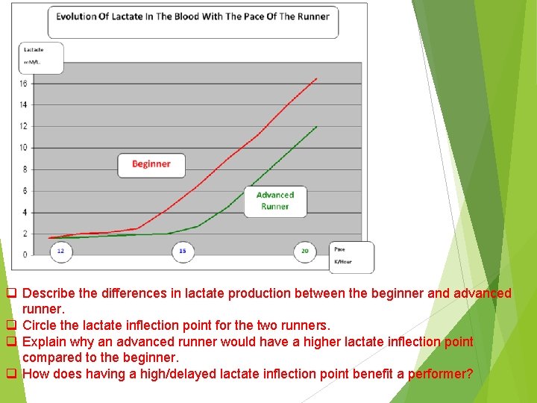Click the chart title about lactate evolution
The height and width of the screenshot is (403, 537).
click(x=192, y=17)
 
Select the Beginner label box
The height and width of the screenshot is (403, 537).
click(x=151, y=164)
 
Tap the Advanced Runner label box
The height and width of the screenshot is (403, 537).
click(x=275, y=201)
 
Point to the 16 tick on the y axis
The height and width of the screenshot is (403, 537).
click(x=23, y=84)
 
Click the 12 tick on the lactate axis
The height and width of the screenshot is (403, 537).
click(x=23, y=126)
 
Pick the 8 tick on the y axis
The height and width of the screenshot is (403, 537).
click(x=24, y=169)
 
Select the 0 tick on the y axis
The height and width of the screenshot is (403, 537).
click(x=24, y=254)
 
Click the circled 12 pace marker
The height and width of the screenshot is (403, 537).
click(x=60, y=252)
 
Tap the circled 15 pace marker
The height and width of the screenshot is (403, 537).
click(x=183, y=252)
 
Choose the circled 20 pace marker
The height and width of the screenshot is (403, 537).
click(x=304, y=252)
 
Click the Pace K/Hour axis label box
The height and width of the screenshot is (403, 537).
click(x=351, y=256)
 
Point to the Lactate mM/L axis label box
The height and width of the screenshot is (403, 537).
click(x=40, y=57)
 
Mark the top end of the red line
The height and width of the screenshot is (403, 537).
click(x=316, y=78)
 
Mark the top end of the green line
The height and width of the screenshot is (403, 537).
click(x=317, y=126)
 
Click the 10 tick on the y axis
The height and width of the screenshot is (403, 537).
click(x=23, y=148)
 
